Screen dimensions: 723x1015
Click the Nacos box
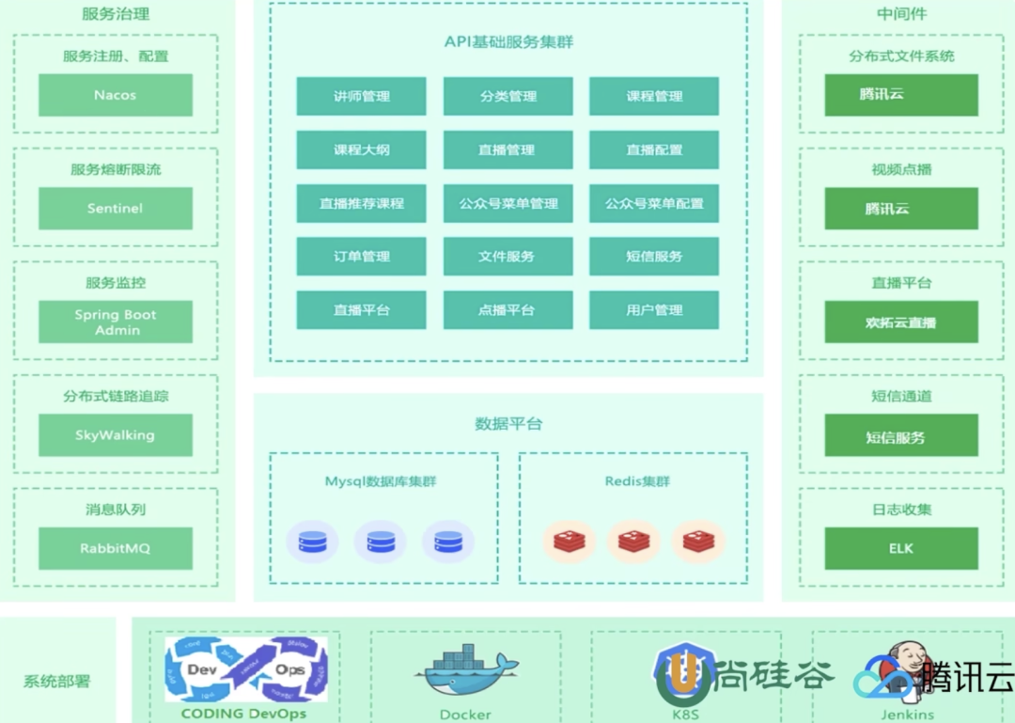pyautogui.click(x=115, y=95)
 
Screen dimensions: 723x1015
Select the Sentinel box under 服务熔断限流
pyautogui.click(x=115, y=208)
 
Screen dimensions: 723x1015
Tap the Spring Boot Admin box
pyautogui.click(x=115, y=322)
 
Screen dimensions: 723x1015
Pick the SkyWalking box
pyautogui.click(x=115, y=435)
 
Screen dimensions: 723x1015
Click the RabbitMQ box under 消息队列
pyautogui.click(x=115, y=548)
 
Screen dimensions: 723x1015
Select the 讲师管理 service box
pyautogui.click(x=361, y=96)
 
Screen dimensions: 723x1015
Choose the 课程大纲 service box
pyautogui.click(x=361, y=149)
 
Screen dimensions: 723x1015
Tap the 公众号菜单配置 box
pyautogui.click(x=654, y=203)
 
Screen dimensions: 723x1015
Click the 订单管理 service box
pyautogui.click(x=361, y=256)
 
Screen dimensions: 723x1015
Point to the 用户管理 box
pyautogui.click(x=654, y=309)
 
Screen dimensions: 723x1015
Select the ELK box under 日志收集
pyautogui.click(x=900, y=548)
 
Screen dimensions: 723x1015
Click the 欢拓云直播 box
pyautogui.click(x=900, y=322)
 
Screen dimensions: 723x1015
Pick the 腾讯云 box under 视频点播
pyautogui.click(x=900, y=208)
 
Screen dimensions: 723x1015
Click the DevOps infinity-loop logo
pyautogui.click(x=246, y=669)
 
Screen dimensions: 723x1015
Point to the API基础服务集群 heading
pyautogui.click(x=508, y=42)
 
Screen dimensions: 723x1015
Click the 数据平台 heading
pyautogui.click(x=508, y=424)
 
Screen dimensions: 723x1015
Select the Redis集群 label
pyautogui.click(x=637, y=481)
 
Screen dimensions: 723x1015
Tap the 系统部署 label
pyautogui.click(x=57, y=682)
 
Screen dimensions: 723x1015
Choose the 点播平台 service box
pyautogui.click(x=507, y=309)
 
